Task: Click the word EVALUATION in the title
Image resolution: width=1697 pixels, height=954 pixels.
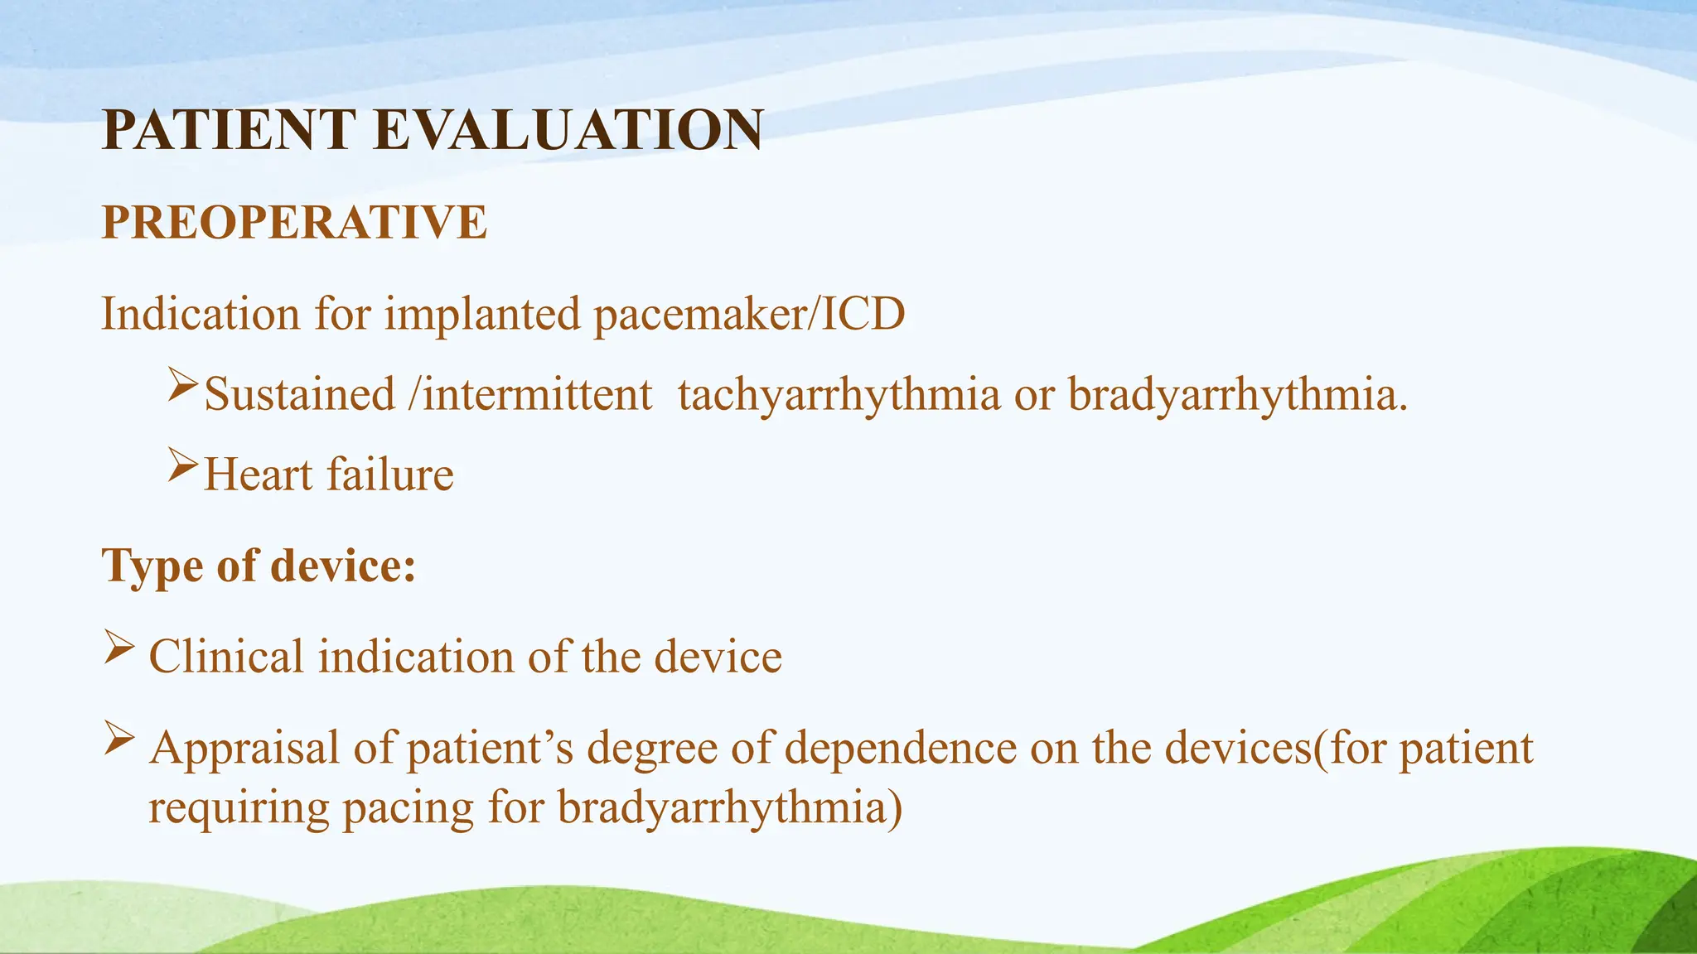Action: coord(568,131)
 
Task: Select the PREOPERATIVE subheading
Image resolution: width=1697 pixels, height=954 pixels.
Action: coord(294,222)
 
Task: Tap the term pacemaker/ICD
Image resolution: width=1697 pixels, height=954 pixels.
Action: coord(749,315)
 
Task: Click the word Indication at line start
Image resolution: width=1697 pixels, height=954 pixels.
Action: coord(200,315)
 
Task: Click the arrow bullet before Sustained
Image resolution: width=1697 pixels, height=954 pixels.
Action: coord(182,386)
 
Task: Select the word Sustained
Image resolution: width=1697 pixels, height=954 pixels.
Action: coord(299,394)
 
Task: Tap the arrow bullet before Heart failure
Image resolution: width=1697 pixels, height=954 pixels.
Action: coord(182,466)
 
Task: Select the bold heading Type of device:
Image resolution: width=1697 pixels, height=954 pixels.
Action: coord(259,566)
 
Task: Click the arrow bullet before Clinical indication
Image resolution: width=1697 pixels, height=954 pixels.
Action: coord(119,647)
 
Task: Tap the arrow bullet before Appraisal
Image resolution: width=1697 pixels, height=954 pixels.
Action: coord(119,738)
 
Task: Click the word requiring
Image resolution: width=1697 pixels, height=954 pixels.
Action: coord(239,807)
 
